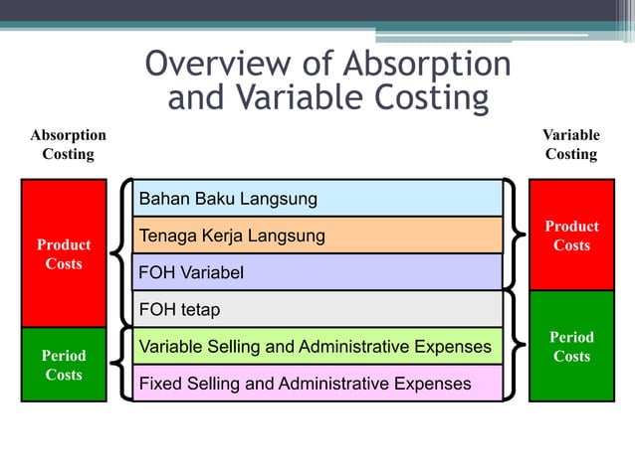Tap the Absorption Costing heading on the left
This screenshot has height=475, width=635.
68,144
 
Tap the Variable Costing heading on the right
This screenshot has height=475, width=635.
570,144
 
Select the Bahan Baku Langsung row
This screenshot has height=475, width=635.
318,199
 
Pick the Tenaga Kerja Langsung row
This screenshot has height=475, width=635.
318,236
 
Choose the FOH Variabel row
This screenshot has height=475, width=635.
318,272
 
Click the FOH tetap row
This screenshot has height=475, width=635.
318,309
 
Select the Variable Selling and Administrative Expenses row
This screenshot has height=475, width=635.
318,346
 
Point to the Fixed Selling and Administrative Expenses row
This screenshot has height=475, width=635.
318,383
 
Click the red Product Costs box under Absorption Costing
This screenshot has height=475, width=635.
64,253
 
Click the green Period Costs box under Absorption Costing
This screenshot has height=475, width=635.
64,365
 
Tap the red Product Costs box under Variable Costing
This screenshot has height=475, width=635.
571,236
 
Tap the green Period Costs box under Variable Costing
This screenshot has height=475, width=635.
571,346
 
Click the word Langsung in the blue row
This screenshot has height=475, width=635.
279,199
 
